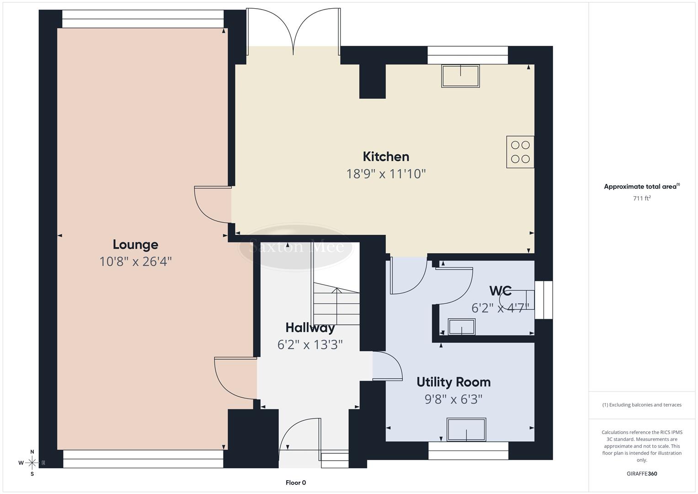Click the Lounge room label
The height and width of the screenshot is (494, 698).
click(x=135, y=245)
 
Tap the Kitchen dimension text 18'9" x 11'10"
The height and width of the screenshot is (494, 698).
click(x=386, y=174)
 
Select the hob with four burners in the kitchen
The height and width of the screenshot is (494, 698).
click(x=520, y=152)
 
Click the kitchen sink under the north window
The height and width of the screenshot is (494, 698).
click(x=460, y=76)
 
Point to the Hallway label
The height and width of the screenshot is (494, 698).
click(x=310, y=328)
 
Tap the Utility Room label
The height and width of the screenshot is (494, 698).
click(x=453, y=382)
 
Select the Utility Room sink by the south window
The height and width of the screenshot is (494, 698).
click(x=466, y=430)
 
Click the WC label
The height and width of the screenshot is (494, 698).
click(x=500, y=291)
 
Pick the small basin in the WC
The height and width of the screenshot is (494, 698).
click(x=461, y=327)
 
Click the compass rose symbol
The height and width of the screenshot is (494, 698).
click(x=32, y=463)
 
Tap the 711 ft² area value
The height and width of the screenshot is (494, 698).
click(x=642, y=199)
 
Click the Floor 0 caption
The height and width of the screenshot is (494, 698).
click(x=296, y=483)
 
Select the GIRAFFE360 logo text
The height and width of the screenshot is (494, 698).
click(x=642, y=474)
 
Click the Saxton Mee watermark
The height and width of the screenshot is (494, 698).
click(x=296, y=247)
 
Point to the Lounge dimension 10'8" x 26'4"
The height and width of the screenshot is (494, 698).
click(x=135, y=262)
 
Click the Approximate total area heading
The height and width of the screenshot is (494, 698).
click(x=641, y=187)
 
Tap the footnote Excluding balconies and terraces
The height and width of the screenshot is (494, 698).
click(x=642, y=405)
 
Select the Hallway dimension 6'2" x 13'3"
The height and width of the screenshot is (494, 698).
click(x=310, y=344)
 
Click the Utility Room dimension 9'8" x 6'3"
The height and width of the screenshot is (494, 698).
click(x=453, y=399)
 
